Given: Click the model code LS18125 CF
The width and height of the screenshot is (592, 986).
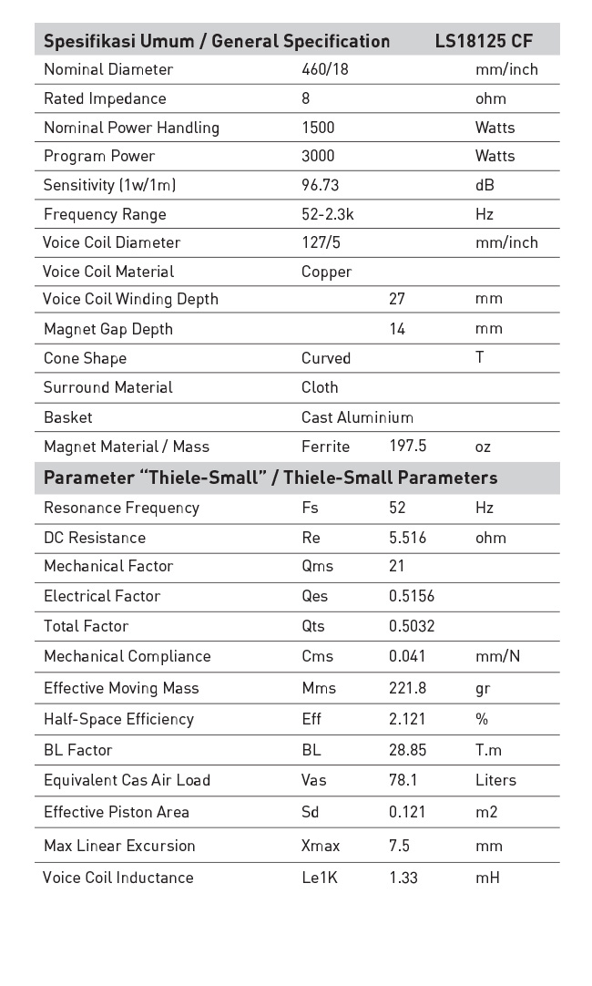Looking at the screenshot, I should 484,41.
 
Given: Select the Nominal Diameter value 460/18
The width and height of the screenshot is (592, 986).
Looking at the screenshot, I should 325,69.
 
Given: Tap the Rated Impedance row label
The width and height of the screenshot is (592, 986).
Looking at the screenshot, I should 105,98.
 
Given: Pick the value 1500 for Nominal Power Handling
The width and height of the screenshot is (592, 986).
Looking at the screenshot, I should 318,128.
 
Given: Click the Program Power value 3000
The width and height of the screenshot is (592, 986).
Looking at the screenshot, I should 318,156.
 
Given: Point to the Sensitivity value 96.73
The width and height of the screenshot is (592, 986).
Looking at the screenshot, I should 321,185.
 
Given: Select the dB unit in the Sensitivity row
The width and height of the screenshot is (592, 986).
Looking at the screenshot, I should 485,185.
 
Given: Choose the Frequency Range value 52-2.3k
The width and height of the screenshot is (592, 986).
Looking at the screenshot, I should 329,214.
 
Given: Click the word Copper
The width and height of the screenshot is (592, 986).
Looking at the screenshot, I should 326,272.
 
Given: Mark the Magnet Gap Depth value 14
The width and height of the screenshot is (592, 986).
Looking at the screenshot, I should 397,329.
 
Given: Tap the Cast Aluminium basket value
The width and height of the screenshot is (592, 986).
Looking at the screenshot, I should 357,417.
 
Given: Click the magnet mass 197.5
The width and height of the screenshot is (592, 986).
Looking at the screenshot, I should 407,447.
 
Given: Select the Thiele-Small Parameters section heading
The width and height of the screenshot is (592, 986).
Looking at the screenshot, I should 270,478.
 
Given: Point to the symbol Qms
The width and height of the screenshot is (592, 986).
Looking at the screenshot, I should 317,566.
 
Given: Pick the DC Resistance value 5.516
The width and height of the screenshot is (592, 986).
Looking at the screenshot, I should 407,538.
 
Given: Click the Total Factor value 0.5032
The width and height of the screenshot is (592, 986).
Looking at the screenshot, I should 412,626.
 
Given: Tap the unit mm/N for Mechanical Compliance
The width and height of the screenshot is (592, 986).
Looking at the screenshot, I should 497,656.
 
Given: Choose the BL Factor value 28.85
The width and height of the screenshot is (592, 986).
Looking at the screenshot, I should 407,750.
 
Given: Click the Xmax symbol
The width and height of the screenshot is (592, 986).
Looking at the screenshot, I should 321,846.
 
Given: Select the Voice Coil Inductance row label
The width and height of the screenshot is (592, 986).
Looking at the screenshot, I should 118,878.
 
